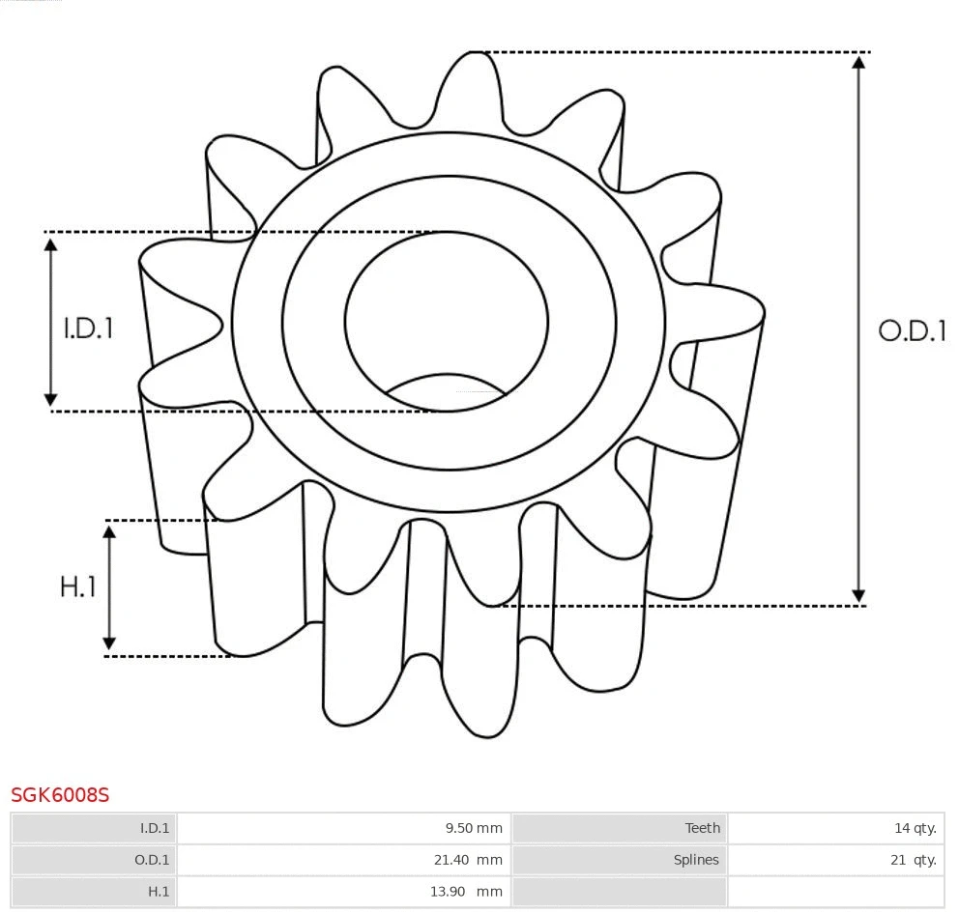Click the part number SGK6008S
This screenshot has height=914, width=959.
pos(60,795)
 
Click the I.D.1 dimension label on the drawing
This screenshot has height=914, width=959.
pos(89,328)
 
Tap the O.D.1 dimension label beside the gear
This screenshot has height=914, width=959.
pos(912,330)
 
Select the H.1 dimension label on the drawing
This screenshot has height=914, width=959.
pos(78,586)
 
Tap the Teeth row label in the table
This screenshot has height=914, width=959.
pos(619,828)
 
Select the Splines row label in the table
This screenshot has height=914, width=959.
pos(619,860)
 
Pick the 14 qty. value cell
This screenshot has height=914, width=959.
pos(835,828)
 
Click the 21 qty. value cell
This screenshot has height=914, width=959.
pos(835,860)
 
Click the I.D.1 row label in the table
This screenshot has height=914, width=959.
pos(94,828)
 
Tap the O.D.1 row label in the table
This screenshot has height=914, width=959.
pos(94,860)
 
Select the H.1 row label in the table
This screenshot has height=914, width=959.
pos(94,892)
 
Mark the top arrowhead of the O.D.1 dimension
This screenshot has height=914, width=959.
pos(857,62)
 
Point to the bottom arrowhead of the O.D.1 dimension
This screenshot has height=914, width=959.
pos(857,595)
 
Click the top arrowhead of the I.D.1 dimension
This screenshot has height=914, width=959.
pos(51,243)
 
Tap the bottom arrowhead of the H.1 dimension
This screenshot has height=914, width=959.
pos(109,643)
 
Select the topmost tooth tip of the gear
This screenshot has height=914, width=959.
pos(474,55)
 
